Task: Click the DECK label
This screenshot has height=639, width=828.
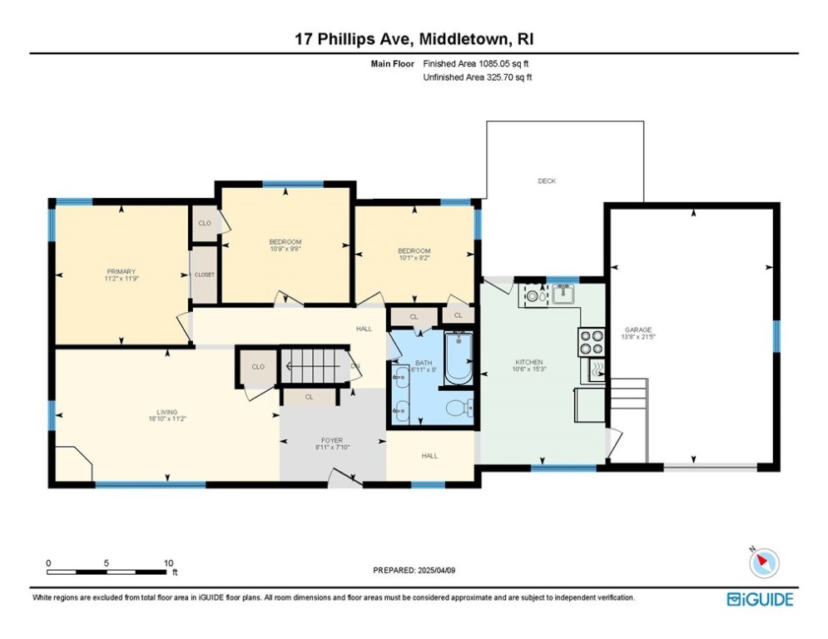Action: click(x=546, y=181)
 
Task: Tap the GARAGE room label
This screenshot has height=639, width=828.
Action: click(x=638, y=329)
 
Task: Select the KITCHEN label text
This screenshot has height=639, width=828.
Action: click(x=529, y=362)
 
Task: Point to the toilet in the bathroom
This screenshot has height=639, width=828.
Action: click(x=457, y=408)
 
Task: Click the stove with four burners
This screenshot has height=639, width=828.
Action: click(x=591, y=343)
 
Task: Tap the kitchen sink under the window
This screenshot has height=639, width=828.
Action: click(x=565, y=294)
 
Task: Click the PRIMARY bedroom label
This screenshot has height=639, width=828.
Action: click(x=121, y=271)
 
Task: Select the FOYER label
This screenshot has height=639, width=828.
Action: click(x=332, y=441)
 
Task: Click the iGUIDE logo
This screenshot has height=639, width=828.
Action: click(x=760, y=599)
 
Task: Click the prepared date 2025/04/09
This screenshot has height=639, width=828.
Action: click(x=414, y=570)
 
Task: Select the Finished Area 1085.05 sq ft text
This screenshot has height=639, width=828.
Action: click(x=477, y=63)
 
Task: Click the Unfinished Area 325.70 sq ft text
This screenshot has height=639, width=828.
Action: click(x=477, y=77)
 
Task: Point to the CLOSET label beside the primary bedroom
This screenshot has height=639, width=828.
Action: click(x=205, y=275)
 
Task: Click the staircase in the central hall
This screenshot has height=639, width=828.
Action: click(x=312, y=364)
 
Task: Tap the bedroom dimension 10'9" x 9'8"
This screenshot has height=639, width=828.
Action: click(x=285, y=248)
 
